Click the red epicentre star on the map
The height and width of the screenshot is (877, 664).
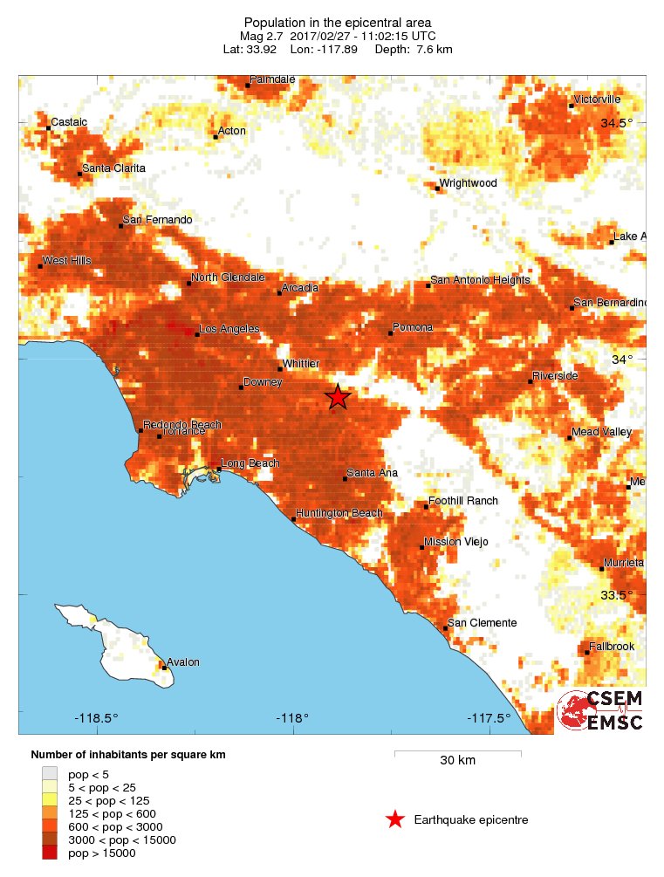(338, 397)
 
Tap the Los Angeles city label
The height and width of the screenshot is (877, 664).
(229, 329)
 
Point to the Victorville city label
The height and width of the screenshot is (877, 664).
(598, 99)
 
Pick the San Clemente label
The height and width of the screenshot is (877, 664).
(483, 623)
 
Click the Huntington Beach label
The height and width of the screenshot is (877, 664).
(339, 513)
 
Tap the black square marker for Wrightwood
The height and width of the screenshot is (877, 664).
(436, 187)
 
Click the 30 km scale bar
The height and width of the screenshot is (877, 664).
(457, 752)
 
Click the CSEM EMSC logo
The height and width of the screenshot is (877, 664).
(601, 711)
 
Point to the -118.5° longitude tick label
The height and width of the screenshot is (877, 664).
(97, 719)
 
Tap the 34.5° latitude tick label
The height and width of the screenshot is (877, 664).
(617, 122)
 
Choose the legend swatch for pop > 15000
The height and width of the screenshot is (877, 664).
(50, 853)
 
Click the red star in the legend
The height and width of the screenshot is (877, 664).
(395, 819)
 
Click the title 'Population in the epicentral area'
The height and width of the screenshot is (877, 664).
(337, 22)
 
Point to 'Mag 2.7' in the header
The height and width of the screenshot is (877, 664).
(263, 36)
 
